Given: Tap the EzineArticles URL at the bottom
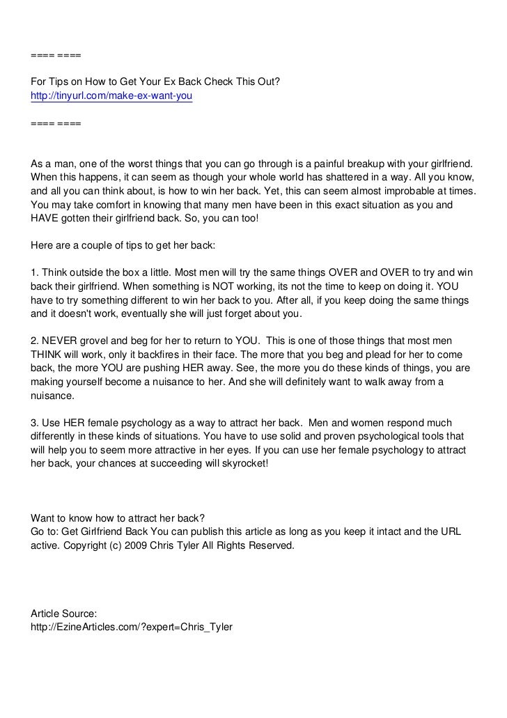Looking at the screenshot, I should point(132,627).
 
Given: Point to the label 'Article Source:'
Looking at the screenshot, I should point(64,614).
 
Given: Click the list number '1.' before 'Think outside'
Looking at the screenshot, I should point(36,272).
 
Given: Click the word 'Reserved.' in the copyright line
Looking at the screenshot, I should point(272,546).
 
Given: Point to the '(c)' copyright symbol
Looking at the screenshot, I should point(115,546).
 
